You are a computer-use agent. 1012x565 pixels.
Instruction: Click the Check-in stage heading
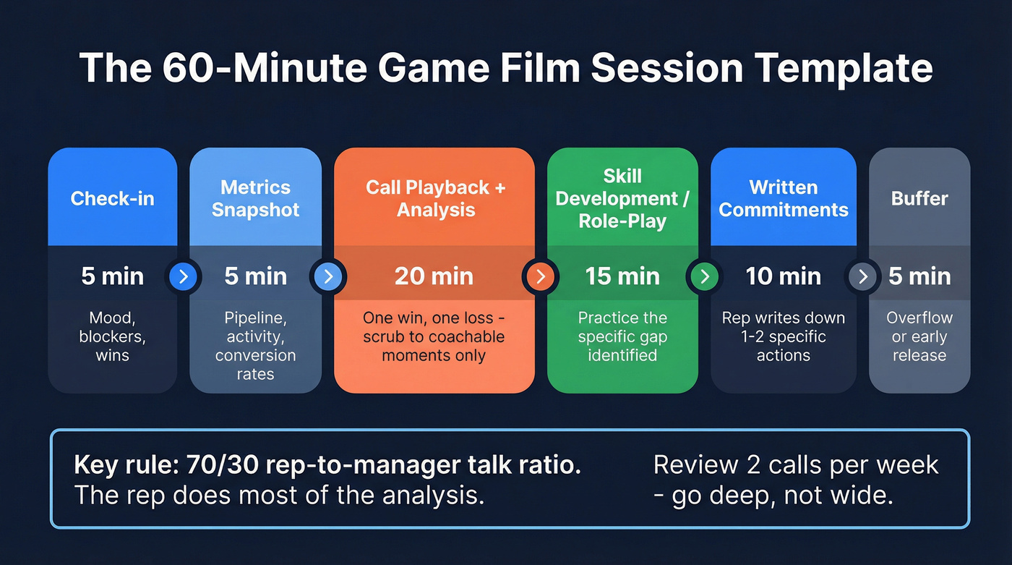[x=112, y=198]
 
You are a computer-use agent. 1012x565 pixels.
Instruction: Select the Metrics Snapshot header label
[x=255, y=198]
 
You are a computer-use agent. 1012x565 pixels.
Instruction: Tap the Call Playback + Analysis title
[x=435, y=198]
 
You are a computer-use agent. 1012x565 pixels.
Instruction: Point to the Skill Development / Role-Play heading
[x=622, y=198]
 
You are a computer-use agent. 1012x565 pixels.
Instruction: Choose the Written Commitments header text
[x=784, y=198]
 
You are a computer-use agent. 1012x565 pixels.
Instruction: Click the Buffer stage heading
[x=919, y=198]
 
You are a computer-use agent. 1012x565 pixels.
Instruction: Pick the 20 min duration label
[x=434, y=276]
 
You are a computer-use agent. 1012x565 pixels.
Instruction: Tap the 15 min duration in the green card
[x=622, y=276]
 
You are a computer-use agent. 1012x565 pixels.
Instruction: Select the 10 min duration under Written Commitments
[x=784, y=276]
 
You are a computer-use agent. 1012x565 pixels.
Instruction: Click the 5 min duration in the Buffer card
[x=919, y=276]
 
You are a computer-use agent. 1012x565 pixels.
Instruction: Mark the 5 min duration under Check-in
[x=112, y=276]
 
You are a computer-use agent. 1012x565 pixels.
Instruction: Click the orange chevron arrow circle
[x=541, y=276]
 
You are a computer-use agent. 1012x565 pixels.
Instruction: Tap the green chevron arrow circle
[x=705, y=276]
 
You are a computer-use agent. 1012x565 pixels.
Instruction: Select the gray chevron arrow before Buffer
[x=862, y=276]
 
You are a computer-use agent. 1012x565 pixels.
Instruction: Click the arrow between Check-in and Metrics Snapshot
[x=183, y=276]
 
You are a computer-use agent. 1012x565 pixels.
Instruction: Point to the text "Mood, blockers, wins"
[x=112, y=336]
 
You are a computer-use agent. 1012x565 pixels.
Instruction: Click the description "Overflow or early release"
[x=919, y=336]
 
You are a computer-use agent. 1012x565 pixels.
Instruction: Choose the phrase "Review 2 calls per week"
[x=796, y=464]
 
